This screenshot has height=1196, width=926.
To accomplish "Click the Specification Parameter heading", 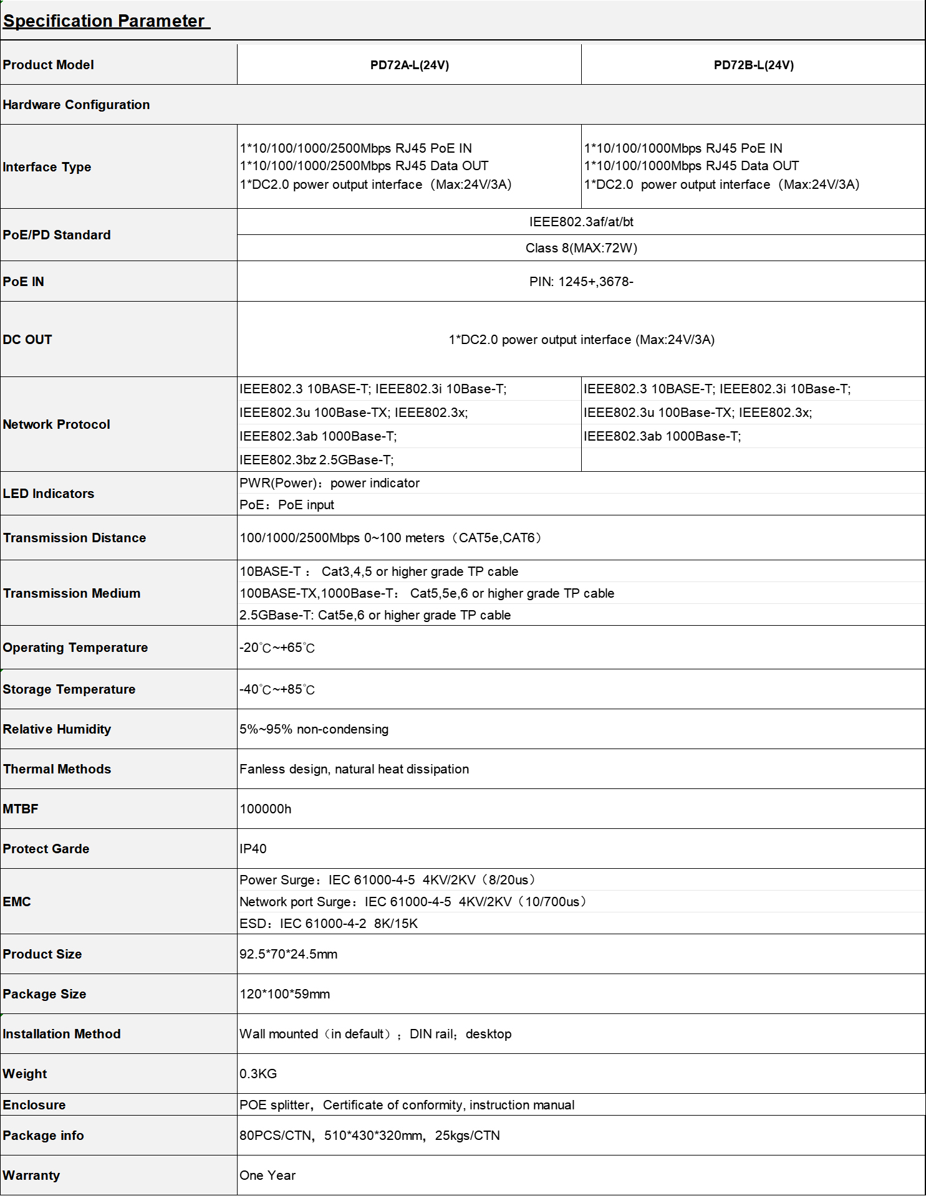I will coord(104,21).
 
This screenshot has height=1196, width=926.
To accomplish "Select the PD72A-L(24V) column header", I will coord(409,65).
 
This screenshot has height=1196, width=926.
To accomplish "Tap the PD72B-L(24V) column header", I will coord(753,65).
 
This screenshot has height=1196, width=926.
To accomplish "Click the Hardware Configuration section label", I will coord(76,105).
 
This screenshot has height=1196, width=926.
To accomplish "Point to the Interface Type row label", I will coord(47,167).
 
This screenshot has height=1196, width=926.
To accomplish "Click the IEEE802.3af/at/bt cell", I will coord(581,222).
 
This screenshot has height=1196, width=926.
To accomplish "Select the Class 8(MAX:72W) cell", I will coord(581,248).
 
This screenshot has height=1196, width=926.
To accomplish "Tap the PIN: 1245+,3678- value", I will coord(581,282).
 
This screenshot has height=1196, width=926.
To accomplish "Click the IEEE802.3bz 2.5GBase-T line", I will coord(316,460).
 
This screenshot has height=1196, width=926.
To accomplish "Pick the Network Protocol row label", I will coord(56,424).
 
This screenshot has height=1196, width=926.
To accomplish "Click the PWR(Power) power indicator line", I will coord(329,483).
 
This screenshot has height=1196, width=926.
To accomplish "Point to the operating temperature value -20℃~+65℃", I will coord(277,648).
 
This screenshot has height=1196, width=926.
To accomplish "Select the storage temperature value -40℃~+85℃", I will coord(277,689).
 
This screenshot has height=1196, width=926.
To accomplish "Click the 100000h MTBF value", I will coord(265,809).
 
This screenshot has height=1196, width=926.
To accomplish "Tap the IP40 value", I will coord(253,849).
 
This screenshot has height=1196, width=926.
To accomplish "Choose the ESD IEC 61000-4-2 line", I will coord(328,924).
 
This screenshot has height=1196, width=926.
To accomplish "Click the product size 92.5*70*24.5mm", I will coord(288,954).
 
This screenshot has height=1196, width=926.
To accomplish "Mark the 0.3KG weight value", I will coord(258,1074).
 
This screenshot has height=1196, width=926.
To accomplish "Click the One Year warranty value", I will coord(267,1175).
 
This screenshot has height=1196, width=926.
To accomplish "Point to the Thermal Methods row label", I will coord(57,769).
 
